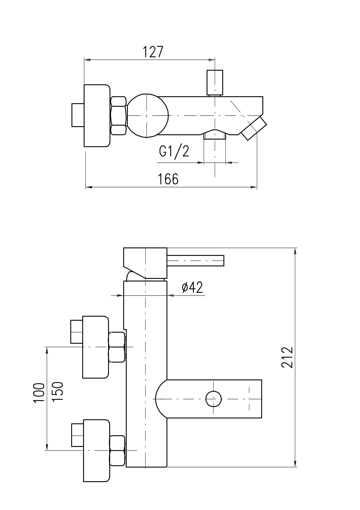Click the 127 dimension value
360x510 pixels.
coord(153,52)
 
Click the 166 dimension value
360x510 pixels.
coord(168,179)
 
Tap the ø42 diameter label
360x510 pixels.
coord(192,288)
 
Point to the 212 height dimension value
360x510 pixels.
coord(287,357)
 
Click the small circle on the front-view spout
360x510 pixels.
coord(214,399)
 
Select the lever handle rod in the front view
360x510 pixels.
coord(196,261)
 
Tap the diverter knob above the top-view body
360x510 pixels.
coord(215,83)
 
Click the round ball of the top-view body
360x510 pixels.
coord(148,115)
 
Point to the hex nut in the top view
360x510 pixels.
coord(119,115)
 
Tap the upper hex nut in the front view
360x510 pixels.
coord(117,347)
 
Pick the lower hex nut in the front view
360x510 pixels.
coord(117,450)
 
